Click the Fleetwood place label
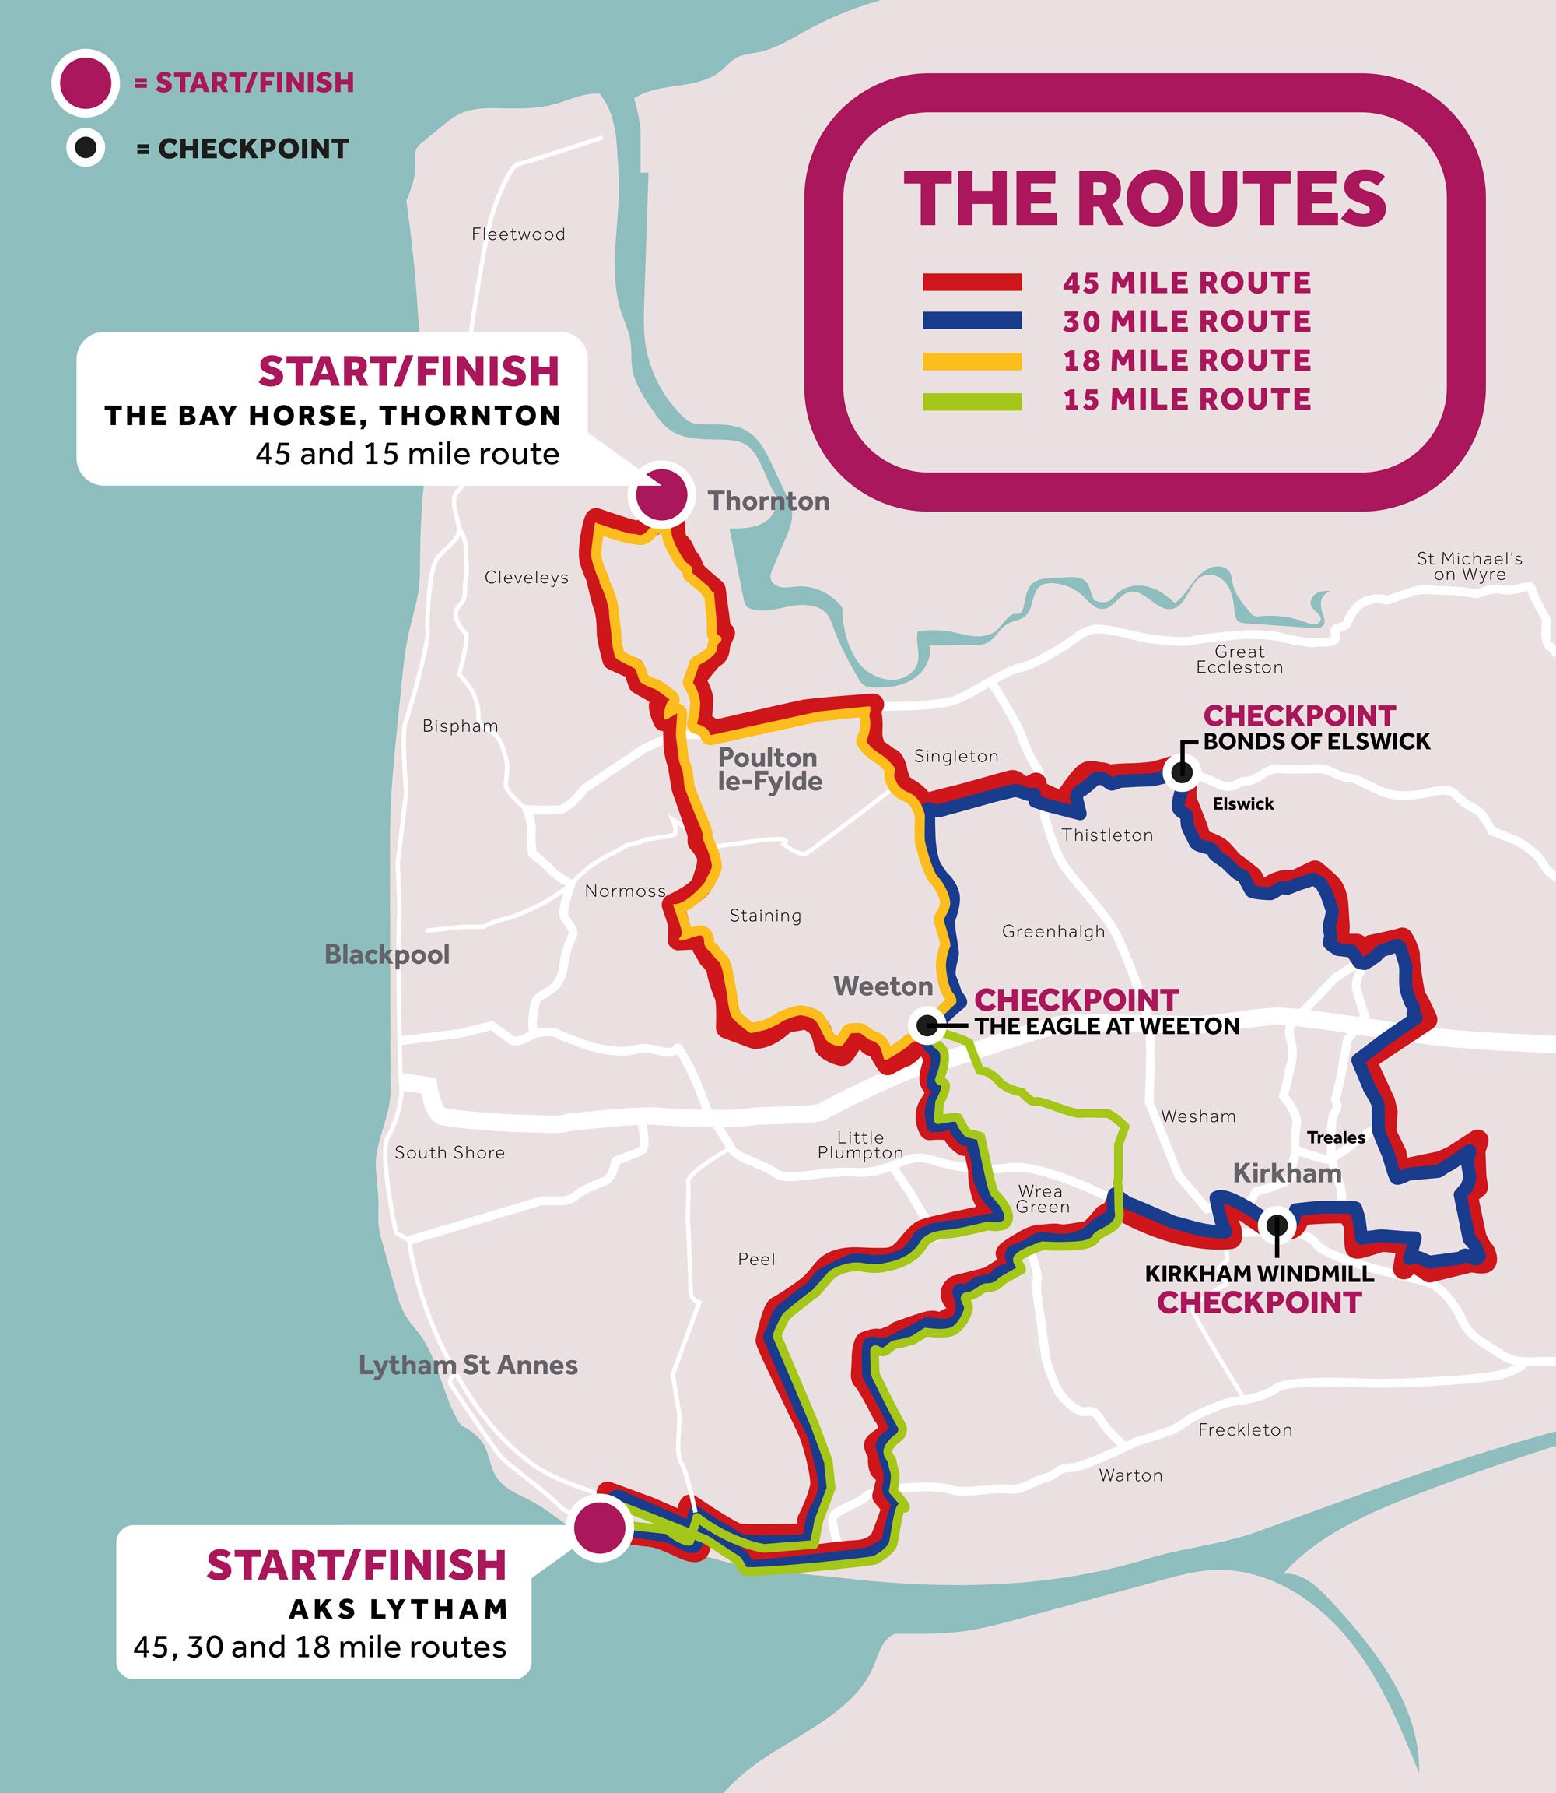[x=517, y=234]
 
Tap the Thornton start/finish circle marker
[x=661, y=495]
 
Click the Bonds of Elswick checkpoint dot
[x=1181, y=772]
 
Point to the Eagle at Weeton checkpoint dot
[x=927, y=1025]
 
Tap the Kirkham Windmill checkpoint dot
[x=1277, y=1224]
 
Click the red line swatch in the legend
[x=972, y=283]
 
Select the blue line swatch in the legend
[x=972, y=321]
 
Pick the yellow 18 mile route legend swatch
[x=972, y=360]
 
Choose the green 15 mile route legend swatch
[x=972, y=400]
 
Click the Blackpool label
[x=387, y=954]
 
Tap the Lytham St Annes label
[x=468, y=1365]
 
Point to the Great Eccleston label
[x=1239, y=659]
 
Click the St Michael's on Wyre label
[x=1469, y=565]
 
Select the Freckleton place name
[x=1244, y=1429]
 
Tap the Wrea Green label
[x=1042, y=1198]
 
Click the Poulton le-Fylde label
[x=769, y=768]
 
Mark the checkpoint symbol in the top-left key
[x=86, y=148]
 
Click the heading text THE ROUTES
[x=1144, y=199]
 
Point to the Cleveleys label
[x=526, y=577]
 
